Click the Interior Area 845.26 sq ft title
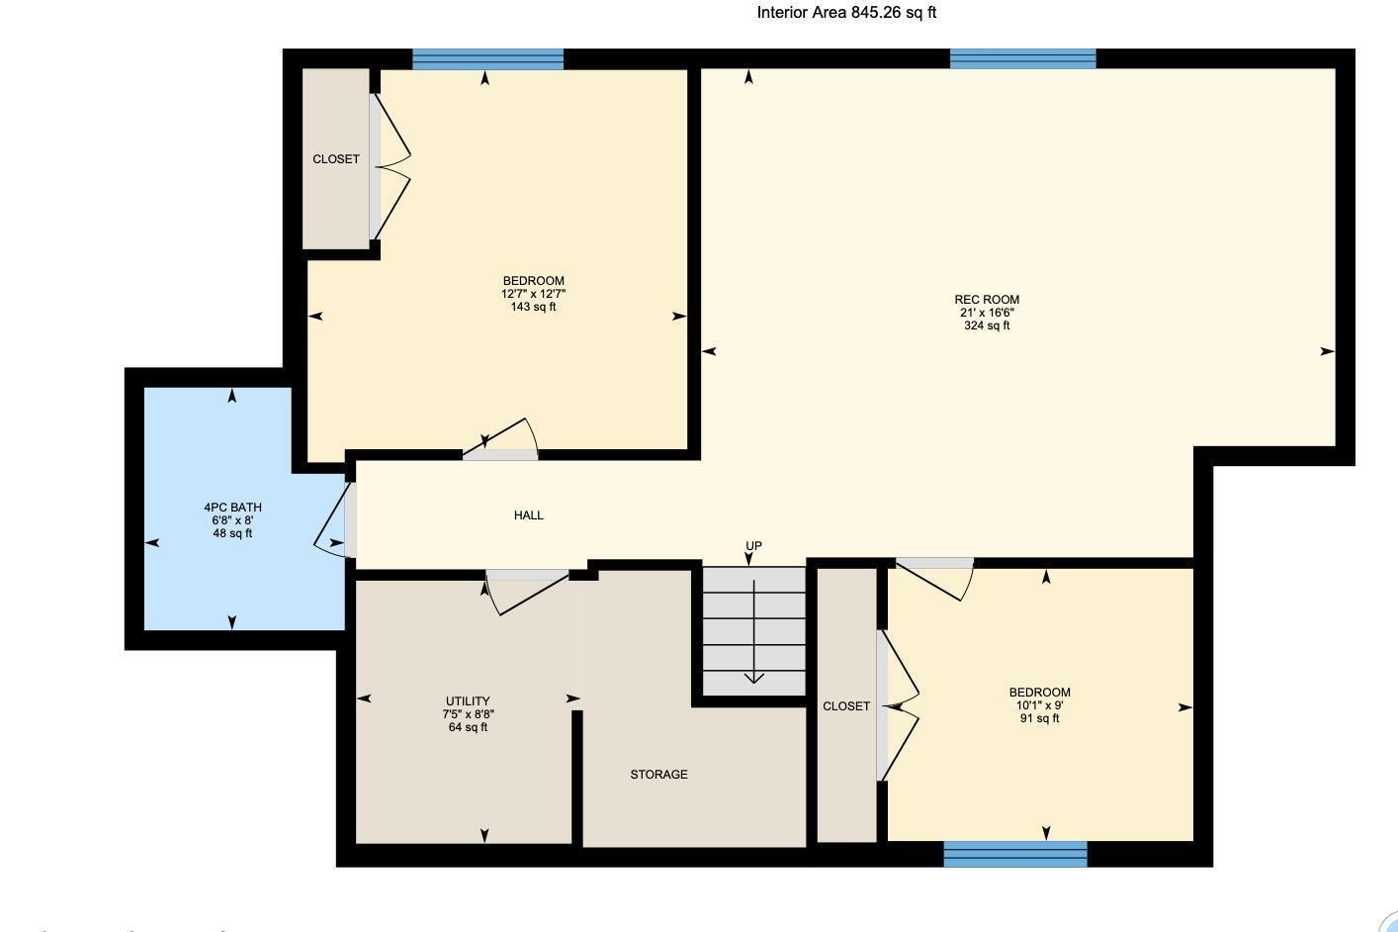point(846,13)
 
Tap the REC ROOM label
point(986,300)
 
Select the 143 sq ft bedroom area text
point(533,307)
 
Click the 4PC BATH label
point(232,508)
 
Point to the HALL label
point(528,515)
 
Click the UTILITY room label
point(468,701)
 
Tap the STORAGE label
point(658,775)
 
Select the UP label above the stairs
point(753,546)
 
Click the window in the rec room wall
point(1022,59)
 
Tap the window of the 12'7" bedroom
point(487,59)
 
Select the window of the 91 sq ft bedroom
point(1015,854)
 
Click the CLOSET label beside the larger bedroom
point(336,159)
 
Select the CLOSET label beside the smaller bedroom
point(846,706)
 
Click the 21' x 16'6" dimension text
point(986,313)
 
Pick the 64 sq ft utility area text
point(468,727)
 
